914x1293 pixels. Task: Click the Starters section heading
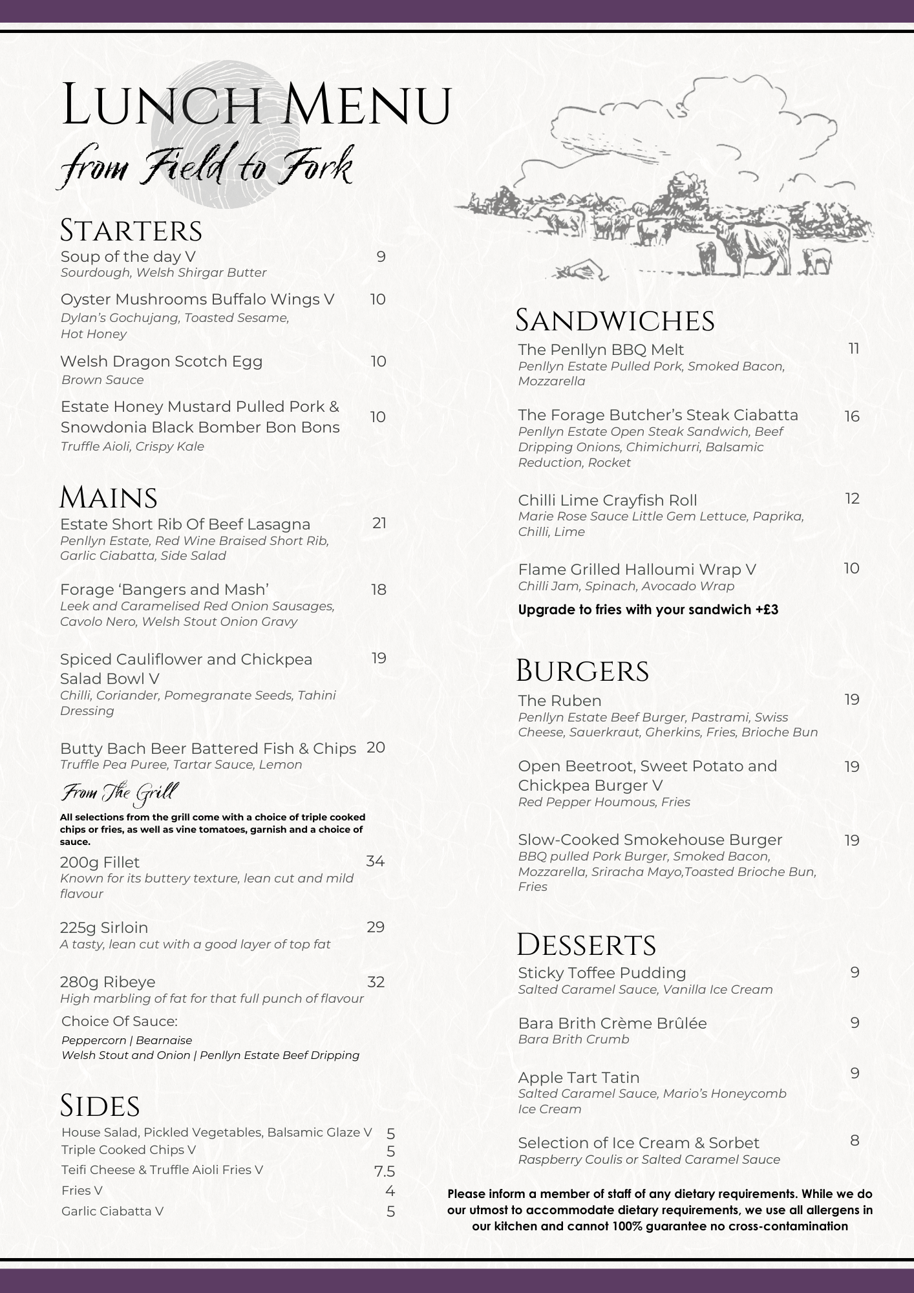[x=131, y=231]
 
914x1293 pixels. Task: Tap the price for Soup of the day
[x=381, y=257]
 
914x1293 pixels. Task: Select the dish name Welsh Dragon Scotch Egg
[x=161, y=361]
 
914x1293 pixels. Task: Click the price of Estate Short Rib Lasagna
[x=379, y=523]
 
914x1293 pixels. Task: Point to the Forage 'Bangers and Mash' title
[x=164, y=590]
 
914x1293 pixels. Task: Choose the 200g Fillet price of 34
[x=375, y=861]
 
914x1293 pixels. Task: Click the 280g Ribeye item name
[x=107, y=982]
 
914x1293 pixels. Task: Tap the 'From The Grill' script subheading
[x=119, y=793]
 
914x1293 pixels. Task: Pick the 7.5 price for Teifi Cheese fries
[x=384, y=1171]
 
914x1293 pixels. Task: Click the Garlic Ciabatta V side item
[x=112, y=1211]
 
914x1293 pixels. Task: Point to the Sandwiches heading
[x=614, y=321]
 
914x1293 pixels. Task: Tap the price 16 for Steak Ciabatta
[x=851, y=416]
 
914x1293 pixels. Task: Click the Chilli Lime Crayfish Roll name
[x=607, y=500]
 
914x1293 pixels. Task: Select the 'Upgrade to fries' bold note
[x=648, y=610]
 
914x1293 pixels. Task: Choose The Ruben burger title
[x=559, y=701]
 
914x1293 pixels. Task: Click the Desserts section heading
[x=586, y=945]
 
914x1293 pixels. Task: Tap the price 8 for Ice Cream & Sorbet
[x=854, y=1140]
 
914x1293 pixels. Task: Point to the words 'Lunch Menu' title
[x=256, y=105]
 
